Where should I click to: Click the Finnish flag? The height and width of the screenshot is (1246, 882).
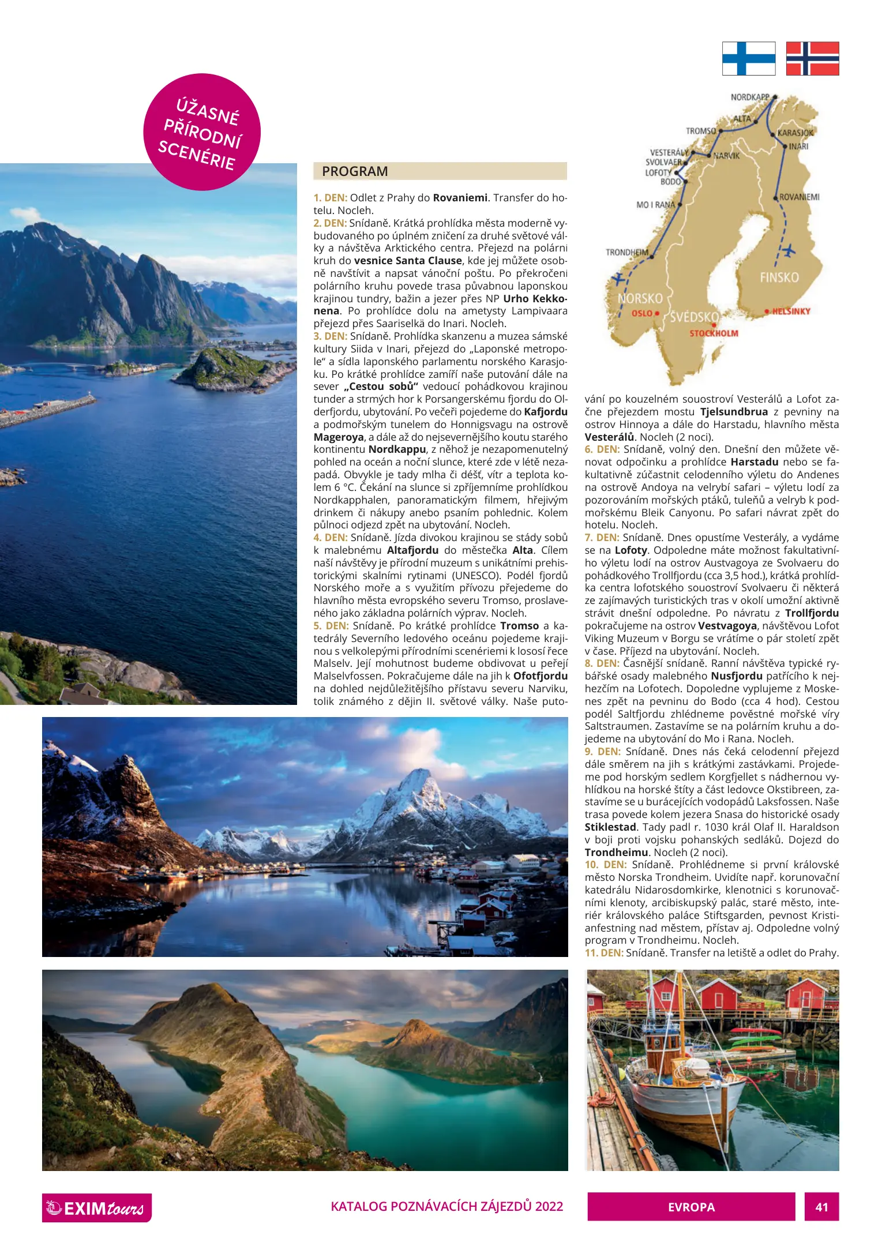click(748, 58)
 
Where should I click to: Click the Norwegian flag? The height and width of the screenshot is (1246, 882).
click(812, 58)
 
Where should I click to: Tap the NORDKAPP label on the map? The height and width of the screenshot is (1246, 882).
click(749, 97)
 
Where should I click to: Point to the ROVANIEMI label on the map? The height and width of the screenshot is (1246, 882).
click(799, 197)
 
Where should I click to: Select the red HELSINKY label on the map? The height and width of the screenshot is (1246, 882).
click(791, 311)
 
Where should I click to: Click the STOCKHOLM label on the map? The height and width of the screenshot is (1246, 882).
click(714, 333)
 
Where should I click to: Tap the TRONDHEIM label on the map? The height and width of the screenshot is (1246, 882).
click(627, 253)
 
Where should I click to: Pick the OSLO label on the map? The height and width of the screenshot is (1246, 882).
click(641, 313)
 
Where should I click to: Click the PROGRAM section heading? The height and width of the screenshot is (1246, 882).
click(355, 171)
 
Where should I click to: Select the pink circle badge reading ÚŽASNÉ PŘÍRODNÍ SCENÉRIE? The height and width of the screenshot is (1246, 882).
click(202, 132)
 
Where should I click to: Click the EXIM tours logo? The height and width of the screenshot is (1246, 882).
click(97, 1208)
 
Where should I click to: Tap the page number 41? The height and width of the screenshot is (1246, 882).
click(821, 1207)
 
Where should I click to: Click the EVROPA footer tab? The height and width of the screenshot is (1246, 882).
click(691, 1207)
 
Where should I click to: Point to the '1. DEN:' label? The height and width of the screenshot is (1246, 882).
click(331, 198)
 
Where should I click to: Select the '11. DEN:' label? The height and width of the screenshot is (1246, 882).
click(604, 953)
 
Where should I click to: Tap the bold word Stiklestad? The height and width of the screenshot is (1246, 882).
click(610, 827)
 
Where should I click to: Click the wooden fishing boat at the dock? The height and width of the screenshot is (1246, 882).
click(686, 1084)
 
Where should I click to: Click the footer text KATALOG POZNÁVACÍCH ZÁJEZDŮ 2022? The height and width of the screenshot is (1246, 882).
click(446, 1206)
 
